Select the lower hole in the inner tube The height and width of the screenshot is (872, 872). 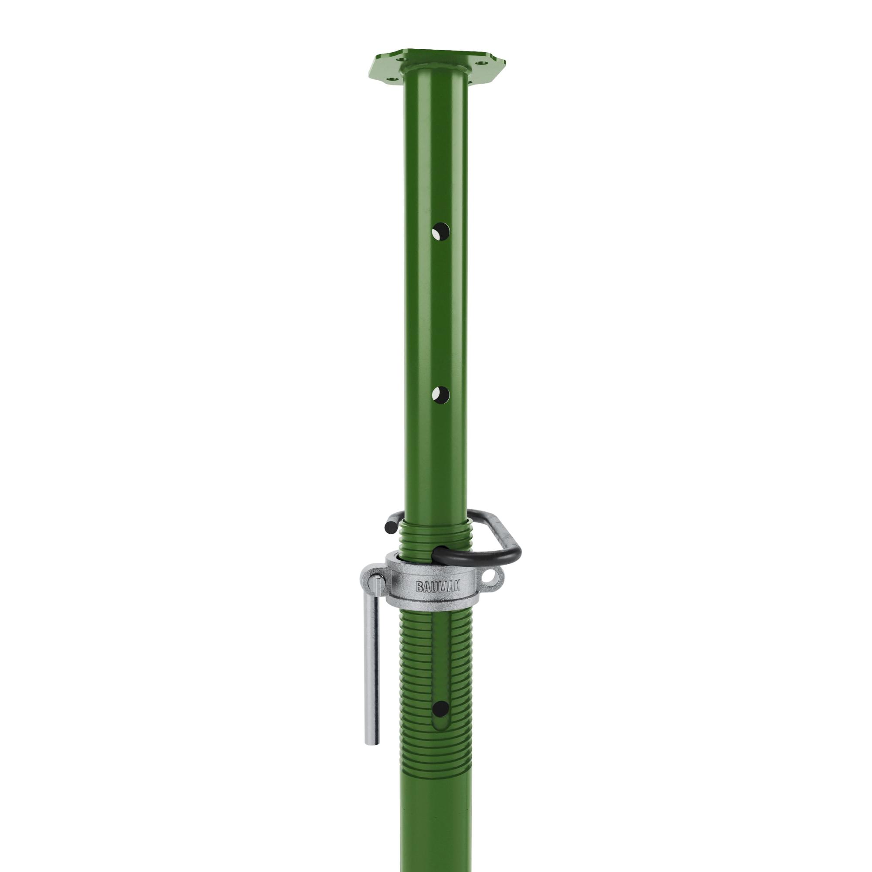coord(440,395)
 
